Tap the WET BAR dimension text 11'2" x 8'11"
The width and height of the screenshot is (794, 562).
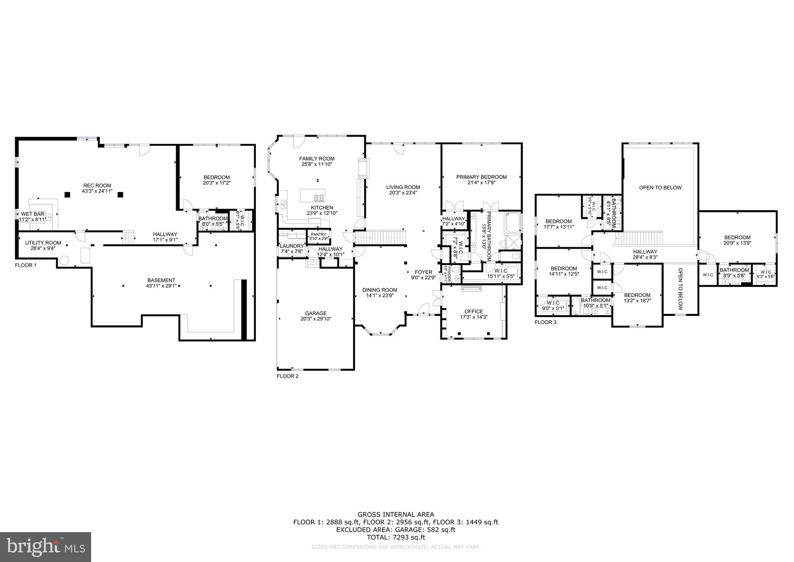pyautogui.click(x=33, y=219)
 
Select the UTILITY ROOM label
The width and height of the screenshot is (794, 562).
pyautogui.click(x=43, y=243)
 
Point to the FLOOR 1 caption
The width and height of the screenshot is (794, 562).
pyautogui.click(x=26, y=265)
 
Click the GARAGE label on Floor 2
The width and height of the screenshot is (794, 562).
pyautogui.click(x=316, y=313)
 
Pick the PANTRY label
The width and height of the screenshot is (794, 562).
pyautogui.click(x=318, y=234)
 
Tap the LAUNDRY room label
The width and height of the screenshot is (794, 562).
pyautogui.click(x=292, y=246)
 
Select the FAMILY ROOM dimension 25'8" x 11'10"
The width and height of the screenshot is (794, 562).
pyautogui.click(x=316, y=164)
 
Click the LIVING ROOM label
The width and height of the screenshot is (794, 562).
pyautogui.click(x=403, y=187)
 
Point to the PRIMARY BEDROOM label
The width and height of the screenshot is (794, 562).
pyautogui.click(x=481, y=177)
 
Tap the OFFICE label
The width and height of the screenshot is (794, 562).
pyautogui.click(x=473, y=311)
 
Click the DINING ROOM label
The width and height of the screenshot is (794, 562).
pyautogui.click(x=380, y=290)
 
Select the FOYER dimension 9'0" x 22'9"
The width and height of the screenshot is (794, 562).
pyautogui.click(x=423, y=278)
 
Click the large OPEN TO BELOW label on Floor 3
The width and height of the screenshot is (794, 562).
pyautogui.click(x=660, y=188)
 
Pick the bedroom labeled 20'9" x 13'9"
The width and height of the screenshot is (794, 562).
pyautogui.click(x=737, y=240)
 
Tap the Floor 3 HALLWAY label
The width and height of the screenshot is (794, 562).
pyautogui.click(x=645, y=252)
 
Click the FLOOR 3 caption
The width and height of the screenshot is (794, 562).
pyautogui.click(x=545, y=322)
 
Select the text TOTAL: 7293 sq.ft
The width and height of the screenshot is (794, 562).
pyautogui.click(x=395, y=538)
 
